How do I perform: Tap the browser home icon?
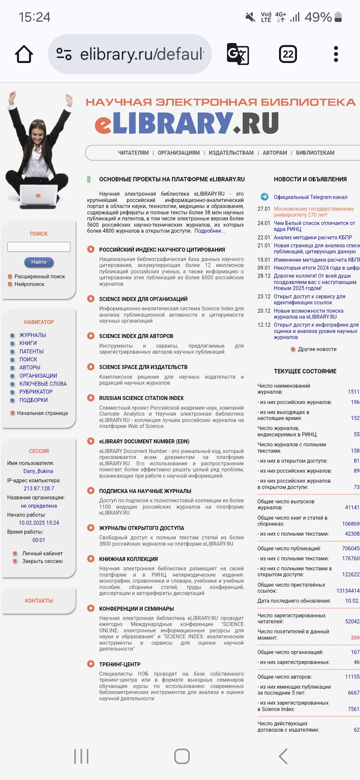coord(24,54)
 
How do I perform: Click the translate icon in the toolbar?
coord(238,54)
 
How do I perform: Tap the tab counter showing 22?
coord(288,54)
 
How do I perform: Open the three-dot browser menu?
coord(336,54)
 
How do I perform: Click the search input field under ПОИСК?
coord(39,247)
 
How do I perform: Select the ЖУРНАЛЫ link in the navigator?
coord(33,335)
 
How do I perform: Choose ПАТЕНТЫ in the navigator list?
coord(31,351)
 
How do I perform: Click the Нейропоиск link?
coord(29,284)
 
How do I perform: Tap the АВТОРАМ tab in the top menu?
coord(275,153)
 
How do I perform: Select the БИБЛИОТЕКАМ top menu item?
coord(315,153)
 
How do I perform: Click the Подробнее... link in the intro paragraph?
coord(210,231)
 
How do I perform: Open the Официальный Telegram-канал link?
coord(310,197)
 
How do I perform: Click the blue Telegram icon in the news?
coord(265,197)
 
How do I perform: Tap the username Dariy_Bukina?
coord(38,471)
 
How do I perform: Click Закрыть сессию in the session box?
coord(42,561)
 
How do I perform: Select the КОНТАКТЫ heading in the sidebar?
coord(39,601)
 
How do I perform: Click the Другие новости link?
coord(317,349)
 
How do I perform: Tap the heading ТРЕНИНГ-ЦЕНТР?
coord(120,664)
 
